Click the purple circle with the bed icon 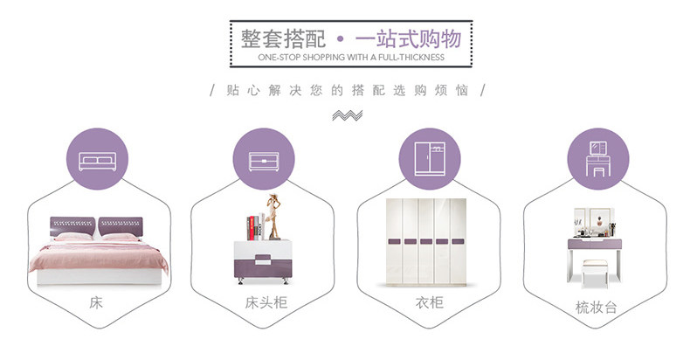pyautogui.click(x=97, y=159)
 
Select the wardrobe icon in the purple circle pyautogui.click(x=430, y=159)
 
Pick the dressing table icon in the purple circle pyautogui.click(x=598, y=159)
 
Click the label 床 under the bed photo pyautogui.click(x=96, y=303)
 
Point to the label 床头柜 pyautogui.click(x=266, y=302)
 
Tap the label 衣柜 pyautogui.click(x=430, y=302)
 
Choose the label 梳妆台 pyautogui.click(x=597, y=307)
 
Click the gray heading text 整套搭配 pyautogui.click(x=283, y=38)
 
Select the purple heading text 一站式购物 pyautogui.click(x=409, y=38)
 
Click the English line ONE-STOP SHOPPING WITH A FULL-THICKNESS pyautogui.click(x=351, y=57)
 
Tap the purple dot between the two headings pyautogui.click(x=340, y=39)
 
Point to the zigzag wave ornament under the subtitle pyautogui.click(x=348, y=115)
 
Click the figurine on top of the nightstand pyautogui.click(x=274, y=217)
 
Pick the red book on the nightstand pyautogui.click(x=252, y=228)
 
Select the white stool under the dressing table pyautogui.click(x=595, y=273)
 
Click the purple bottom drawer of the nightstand pyautogui.click(x=263, y=267)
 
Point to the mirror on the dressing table pyautogui.click(x=595, y=222)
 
